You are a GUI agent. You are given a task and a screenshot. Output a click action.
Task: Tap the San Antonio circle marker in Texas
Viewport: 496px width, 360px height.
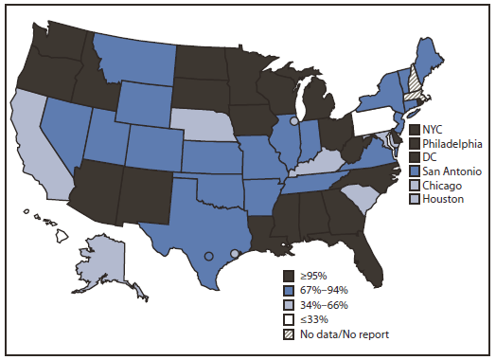(208, 256)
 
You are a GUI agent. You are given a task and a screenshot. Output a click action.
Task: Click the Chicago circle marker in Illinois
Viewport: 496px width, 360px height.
(293, 121)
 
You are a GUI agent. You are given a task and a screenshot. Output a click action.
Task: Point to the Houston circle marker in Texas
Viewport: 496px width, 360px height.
(235, 253)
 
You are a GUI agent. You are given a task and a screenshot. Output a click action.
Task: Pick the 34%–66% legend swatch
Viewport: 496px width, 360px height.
(290, 305)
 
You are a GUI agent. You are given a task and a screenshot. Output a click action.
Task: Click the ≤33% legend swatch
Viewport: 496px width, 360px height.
(290, 319)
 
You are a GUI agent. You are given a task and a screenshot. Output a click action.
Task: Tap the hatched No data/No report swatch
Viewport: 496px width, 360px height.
(290, 333)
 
